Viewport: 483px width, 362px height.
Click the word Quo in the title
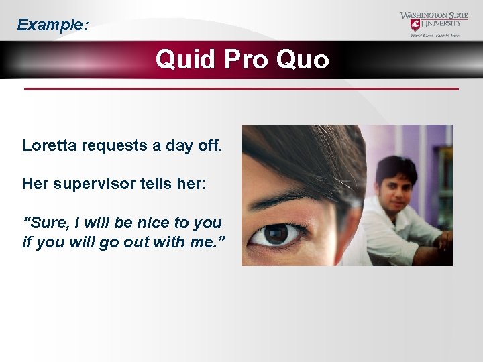pyautogui.click(x=302, y=60)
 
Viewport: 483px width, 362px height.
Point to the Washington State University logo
pyautogui.click(x=434, y=24)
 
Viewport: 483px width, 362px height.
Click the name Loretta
pyautogui.click(x=50, y=145)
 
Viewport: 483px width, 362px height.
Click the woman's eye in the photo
pyautogui.click(x=276, y=235)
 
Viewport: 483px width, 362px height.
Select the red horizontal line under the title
pyautogui.click(x=241, y=88)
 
